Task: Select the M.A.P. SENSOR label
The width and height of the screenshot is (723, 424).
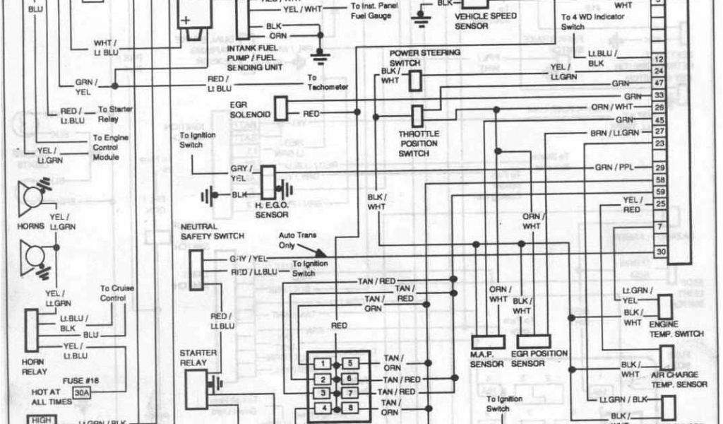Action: (x=487, y=359)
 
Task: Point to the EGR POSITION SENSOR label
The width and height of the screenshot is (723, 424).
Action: (x=539, y=358)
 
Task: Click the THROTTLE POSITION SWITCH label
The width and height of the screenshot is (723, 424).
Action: (x=419, y=143)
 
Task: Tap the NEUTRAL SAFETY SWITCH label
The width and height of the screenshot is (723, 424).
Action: (x=213, y=231)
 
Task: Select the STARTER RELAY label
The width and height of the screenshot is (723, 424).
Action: (x=198, y=358)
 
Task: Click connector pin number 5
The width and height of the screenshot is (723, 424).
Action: (x=350, y=363)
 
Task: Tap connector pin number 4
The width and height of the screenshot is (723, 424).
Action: (x=321, y=408)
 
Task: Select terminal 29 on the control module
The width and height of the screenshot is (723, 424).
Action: (x=659, y=167)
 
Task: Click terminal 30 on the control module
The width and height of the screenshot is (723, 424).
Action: (x=659, y=251)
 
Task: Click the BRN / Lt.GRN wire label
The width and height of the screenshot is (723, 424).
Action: (x=614, y=132)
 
